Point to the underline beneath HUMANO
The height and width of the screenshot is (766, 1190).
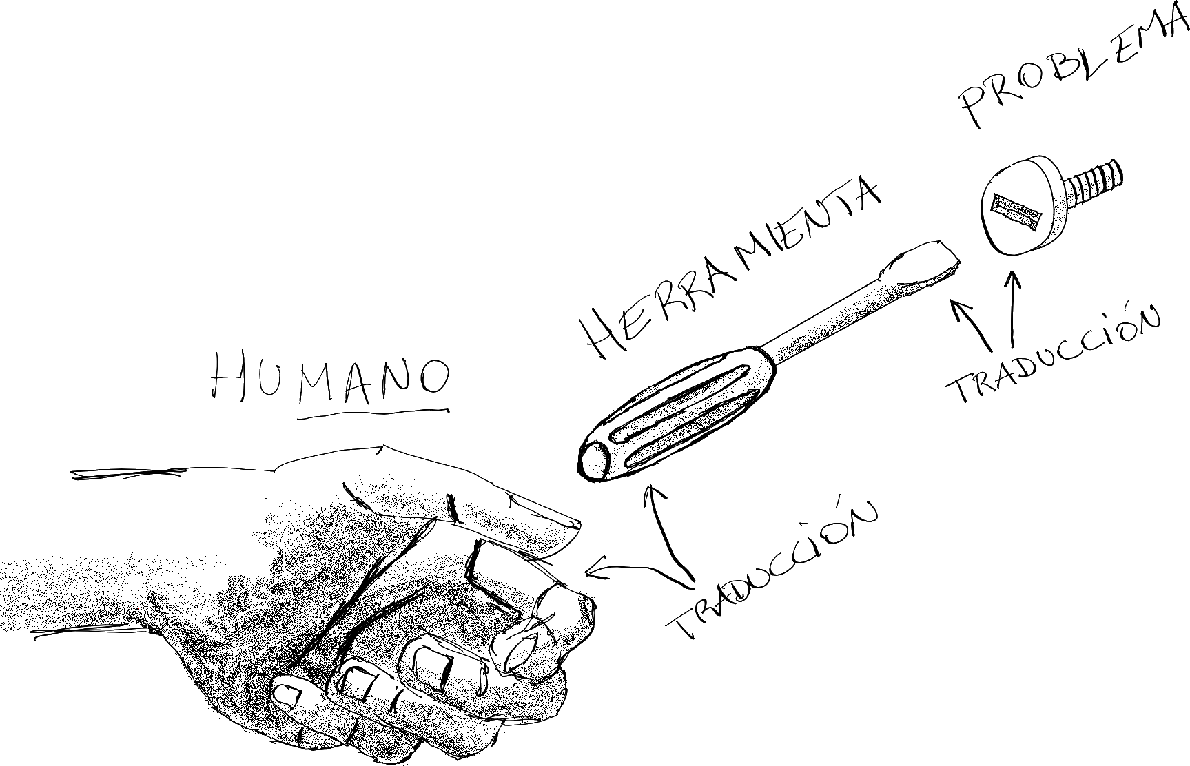(x=373, y=414)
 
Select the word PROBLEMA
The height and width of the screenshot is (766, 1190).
(x=1075, y=69)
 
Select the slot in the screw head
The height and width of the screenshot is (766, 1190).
(x=1016, y=209)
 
